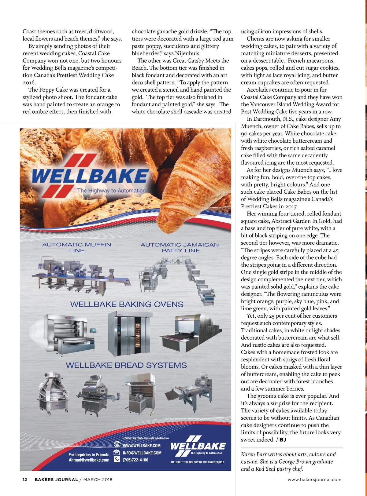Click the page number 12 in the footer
(25, 480)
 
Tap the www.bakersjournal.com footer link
(314, 480)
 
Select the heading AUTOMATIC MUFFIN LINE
(76, 247)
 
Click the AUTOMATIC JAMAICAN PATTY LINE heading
(180, 248)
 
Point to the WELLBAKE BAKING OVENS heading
(127, 304)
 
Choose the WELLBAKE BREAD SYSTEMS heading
(126, 365)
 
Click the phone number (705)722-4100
(135, 460)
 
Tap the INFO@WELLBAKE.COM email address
(142, 453)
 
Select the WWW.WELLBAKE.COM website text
(142, 446)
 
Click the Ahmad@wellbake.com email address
(89, 460)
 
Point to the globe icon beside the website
(117, 444)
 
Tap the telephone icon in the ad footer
(117, 459)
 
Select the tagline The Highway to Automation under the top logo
(111, 191)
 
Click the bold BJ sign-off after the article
(283, 440)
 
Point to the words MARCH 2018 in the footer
(98, 480)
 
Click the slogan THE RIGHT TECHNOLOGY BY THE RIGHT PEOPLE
(197, 462)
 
